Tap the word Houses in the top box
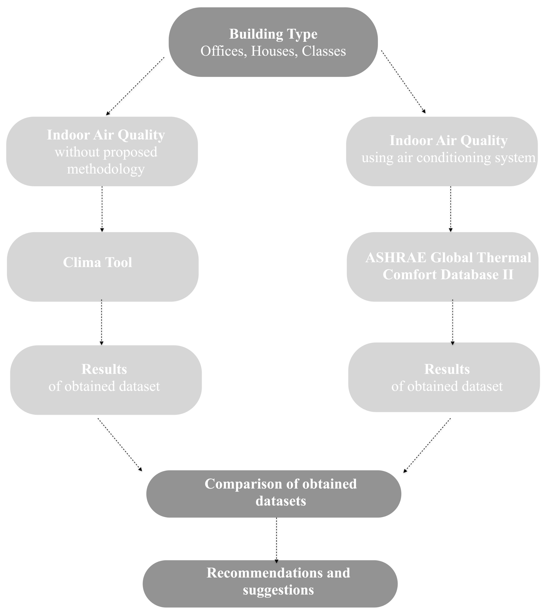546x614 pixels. coord(272,51)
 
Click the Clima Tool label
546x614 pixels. coord(97,262)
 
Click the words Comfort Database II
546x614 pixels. coord(448,274)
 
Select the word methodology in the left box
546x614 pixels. coord(106,169)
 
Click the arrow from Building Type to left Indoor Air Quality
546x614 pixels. coord(135,86)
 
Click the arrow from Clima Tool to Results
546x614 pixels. coord(102,322)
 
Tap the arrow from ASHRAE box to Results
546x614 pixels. coord(452,322)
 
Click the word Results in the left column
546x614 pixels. coord(104,369)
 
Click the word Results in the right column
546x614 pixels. coord(447,369)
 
